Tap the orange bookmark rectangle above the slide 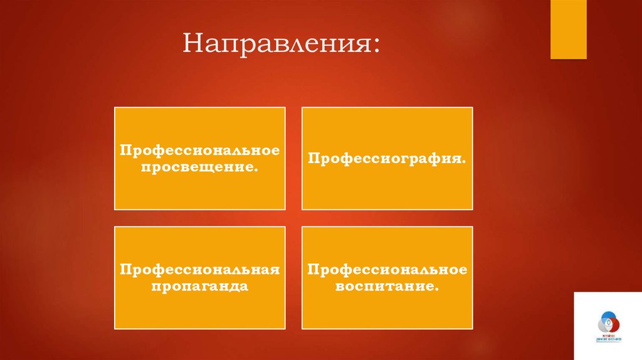click(568, 29)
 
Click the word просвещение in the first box click(199, 168)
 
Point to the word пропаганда click(199, 287)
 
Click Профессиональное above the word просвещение click(199, 152)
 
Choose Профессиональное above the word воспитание click(387, 270)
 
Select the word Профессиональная click(199, 270)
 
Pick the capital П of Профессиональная click(125, 270)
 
